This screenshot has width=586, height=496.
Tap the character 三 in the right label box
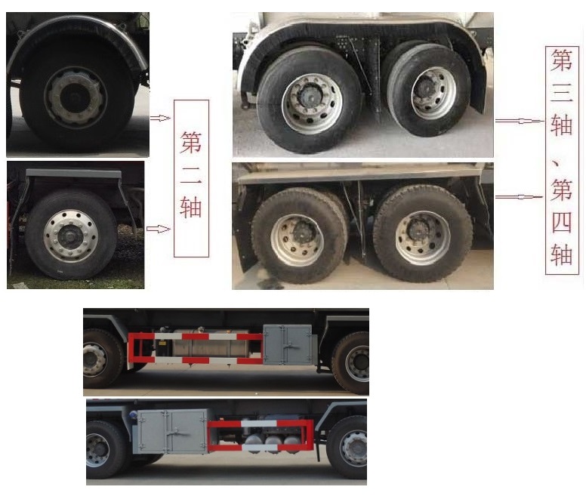point(561,92)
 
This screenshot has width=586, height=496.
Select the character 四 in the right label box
point(562,223)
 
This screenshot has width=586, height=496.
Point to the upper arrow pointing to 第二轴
point(160,119)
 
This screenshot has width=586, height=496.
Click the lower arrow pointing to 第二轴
point(158,229)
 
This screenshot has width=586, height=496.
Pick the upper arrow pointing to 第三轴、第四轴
point(519,121)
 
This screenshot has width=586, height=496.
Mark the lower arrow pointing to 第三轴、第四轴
point(519,197)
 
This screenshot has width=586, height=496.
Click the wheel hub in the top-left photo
point(76,97)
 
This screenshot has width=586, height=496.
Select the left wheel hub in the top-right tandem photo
point(312,104)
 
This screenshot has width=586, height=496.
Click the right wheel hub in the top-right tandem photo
point(433,94)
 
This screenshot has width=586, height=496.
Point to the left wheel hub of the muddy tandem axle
point(297,240)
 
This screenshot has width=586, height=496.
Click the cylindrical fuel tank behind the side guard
point(211,343)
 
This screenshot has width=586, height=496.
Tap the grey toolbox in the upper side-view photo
point(288,344)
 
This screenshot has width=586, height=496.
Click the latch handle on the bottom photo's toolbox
point(178,433)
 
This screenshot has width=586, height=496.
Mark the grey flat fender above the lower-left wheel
point(73,174)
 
